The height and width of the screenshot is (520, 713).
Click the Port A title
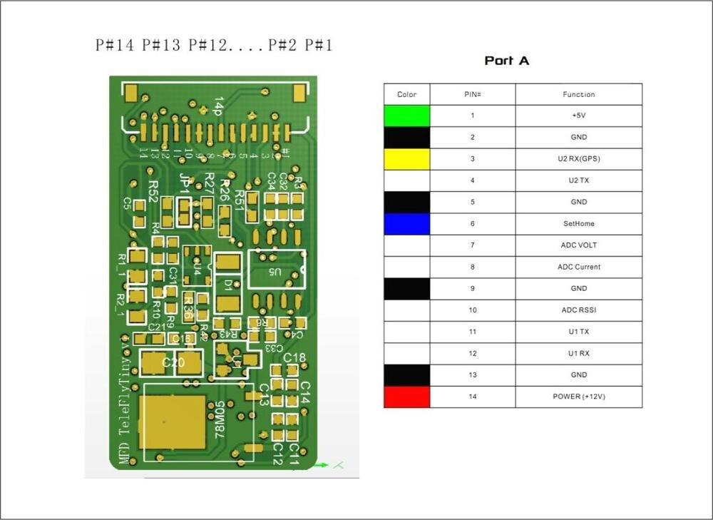(507, 61)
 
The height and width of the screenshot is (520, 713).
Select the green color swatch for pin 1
(407, 116)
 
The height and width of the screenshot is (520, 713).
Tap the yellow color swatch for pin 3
(407, 159)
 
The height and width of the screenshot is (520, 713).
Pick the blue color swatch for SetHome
(407, 224)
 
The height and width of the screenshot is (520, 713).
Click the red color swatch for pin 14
(407, 397)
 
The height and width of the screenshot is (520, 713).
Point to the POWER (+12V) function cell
(578, 397)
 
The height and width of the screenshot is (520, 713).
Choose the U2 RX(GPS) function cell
(578, 159)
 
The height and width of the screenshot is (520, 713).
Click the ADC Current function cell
(578, 267)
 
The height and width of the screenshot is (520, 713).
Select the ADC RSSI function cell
(578, 310)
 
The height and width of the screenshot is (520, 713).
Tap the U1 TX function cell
(578, 332)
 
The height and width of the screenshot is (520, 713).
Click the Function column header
(578, 94)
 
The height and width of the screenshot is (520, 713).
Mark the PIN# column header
(472, 94)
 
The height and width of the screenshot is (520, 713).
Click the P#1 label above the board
(319, 46)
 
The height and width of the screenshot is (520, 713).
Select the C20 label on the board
(173, 363)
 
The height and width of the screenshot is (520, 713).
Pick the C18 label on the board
(294, 357)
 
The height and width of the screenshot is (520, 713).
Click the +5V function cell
(578, 116)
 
